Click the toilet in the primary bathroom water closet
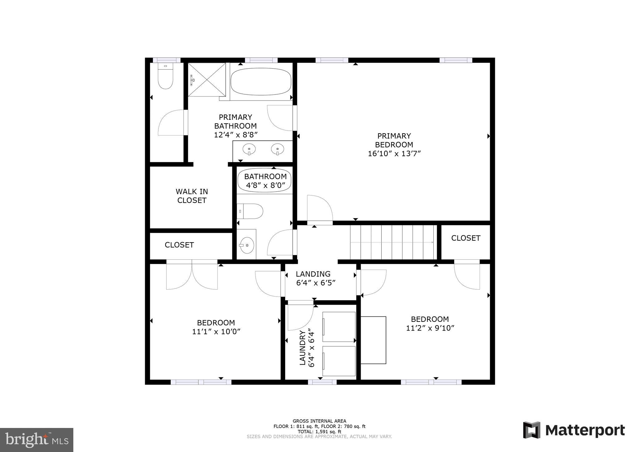(x=165, y=77)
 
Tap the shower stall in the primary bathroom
(x=207, y=80)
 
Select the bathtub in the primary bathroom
(x=261, y=81)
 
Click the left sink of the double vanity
(x=249, y=149)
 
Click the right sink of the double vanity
(x=277, y=149)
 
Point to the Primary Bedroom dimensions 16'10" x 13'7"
(x=394, y=154)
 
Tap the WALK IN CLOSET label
(x=192, y=196)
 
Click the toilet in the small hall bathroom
(x=251, y=211)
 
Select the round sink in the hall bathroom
(x=247, y=245)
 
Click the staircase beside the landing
(x=393, y=242)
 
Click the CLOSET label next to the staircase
(x=466, y=238)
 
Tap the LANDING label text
(x=313, y=274)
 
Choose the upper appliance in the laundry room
(x=339, y=327)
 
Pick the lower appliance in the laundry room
(x=339, y=361)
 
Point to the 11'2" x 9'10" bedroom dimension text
(x=430, y=328)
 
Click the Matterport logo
(x=574, y=430)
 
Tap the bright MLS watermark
(x=37, y=440)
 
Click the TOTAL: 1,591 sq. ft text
(x=319, y=432)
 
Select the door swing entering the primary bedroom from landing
(x=320, y=209)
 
